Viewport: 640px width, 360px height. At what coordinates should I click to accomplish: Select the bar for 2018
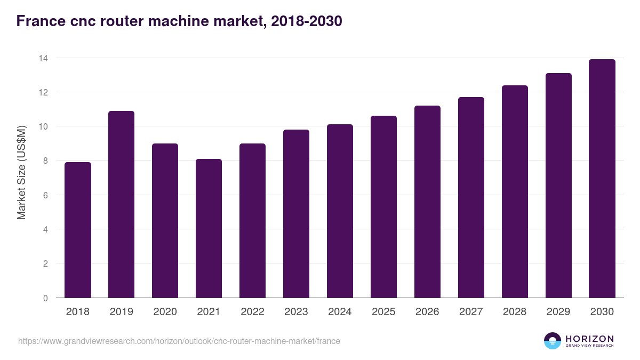pos(78,230)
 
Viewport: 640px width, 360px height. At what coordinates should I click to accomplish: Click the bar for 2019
pos(122,204)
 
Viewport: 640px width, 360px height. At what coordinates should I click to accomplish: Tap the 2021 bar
pos(209,228)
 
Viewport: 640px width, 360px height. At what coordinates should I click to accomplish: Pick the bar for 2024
pos(340,211)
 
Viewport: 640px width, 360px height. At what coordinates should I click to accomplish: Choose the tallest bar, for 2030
pos(602,179)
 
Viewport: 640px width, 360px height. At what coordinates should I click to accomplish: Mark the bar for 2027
pos(471,197)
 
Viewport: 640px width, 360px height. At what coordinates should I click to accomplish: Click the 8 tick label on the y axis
pos(45,161)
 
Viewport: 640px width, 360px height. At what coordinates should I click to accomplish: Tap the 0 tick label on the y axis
pos(45,298)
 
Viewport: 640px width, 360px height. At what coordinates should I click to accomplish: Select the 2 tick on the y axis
pos(45,264)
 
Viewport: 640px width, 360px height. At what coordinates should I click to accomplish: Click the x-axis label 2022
pos(252,312)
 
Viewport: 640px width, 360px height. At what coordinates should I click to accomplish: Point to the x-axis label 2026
pos(427,312)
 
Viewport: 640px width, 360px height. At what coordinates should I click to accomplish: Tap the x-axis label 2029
pos(558,312)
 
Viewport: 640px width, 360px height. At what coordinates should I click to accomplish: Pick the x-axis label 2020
pos(165,312)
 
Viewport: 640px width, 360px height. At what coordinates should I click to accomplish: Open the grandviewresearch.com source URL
pos(179,341)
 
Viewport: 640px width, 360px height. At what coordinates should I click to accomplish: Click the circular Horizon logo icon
pos(553,341)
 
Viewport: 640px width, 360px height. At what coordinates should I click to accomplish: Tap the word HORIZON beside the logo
pos(589,339)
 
